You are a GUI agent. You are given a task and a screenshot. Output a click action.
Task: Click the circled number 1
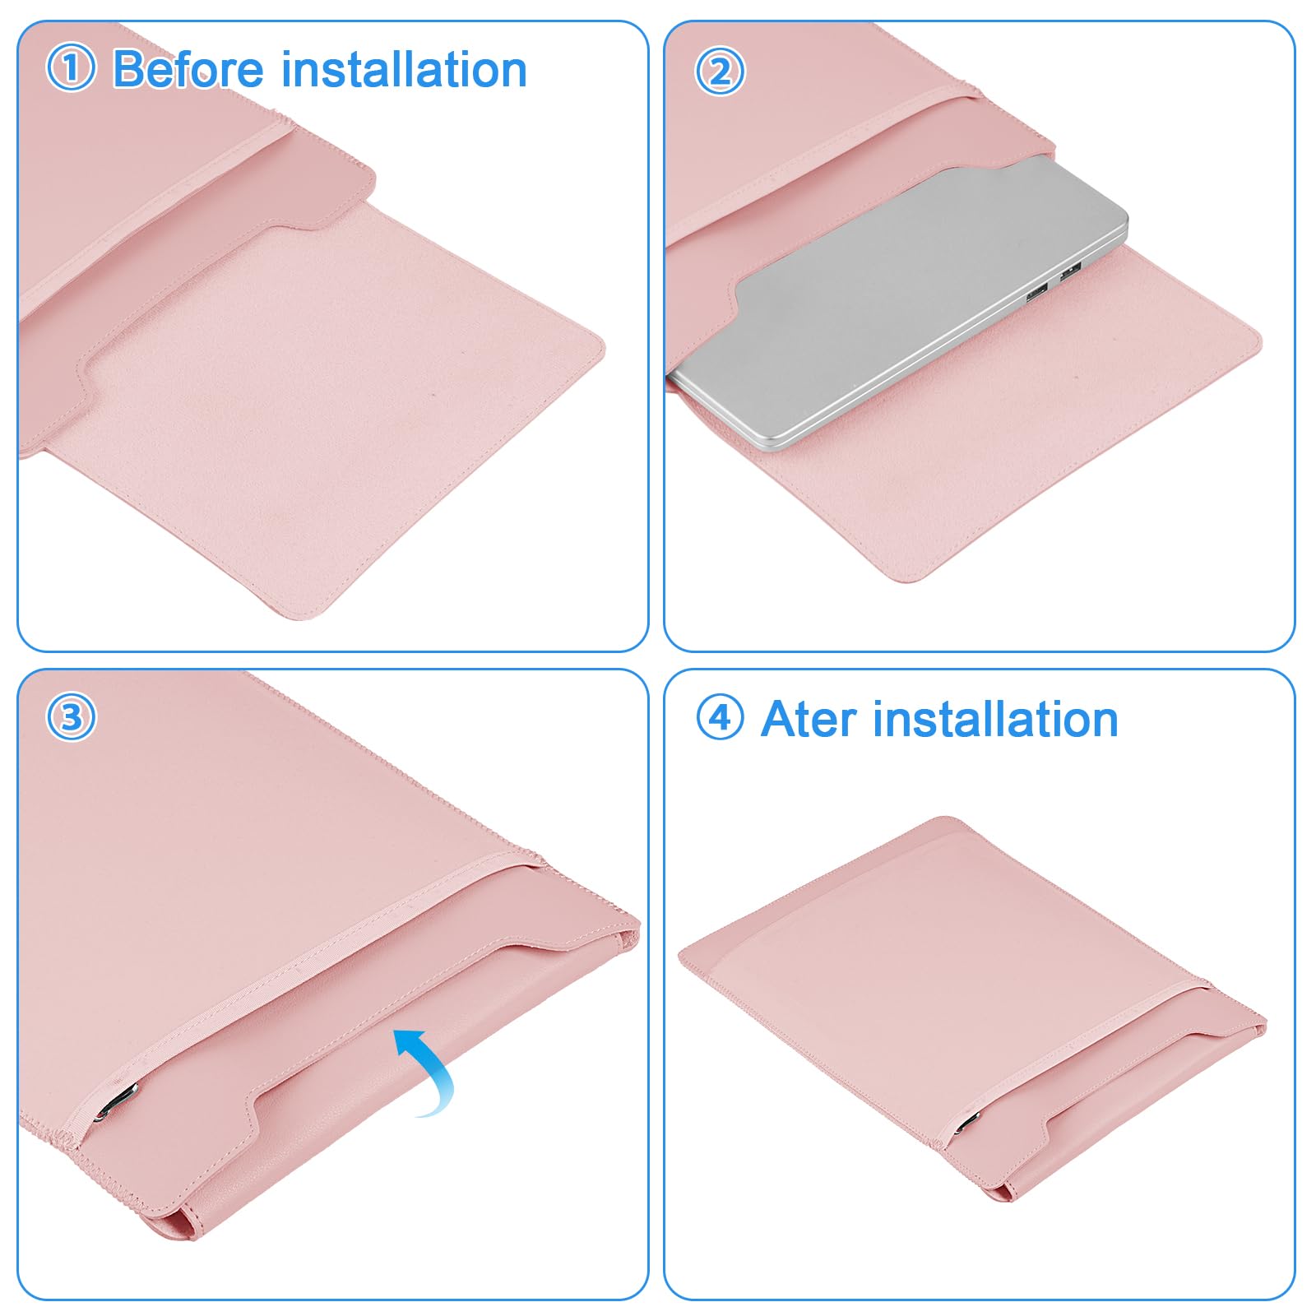71,68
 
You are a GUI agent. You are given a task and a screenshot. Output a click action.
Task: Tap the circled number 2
720,71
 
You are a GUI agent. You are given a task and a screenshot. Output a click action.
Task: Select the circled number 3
71,717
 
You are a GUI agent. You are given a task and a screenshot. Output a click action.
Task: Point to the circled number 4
720,718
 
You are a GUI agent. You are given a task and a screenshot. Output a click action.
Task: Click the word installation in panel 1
405,68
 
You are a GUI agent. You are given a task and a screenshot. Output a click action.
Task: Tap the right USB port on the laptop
1070,271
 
